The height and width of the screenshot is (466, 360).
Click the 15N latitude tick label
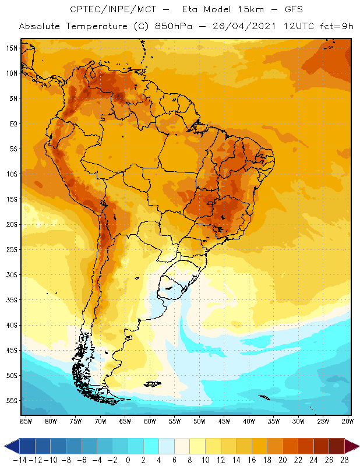pos(12,48)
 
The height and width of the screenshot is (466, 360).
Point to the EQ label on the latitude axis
pos(12,123)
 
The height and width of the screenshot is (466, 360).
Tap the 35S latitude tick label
pos(12,300)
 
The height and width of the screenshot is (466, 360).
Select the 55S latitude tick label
pos(12,401)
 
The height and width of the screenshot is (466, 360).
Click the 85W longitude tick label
pos(26,420)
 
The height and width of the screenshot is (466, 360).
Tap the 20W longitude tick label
pos(347,420)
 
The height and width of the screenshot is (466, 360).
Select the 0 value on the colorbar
pos(128,460)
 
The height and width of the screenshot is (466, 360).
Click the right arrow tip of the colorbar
pos(357,446)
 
